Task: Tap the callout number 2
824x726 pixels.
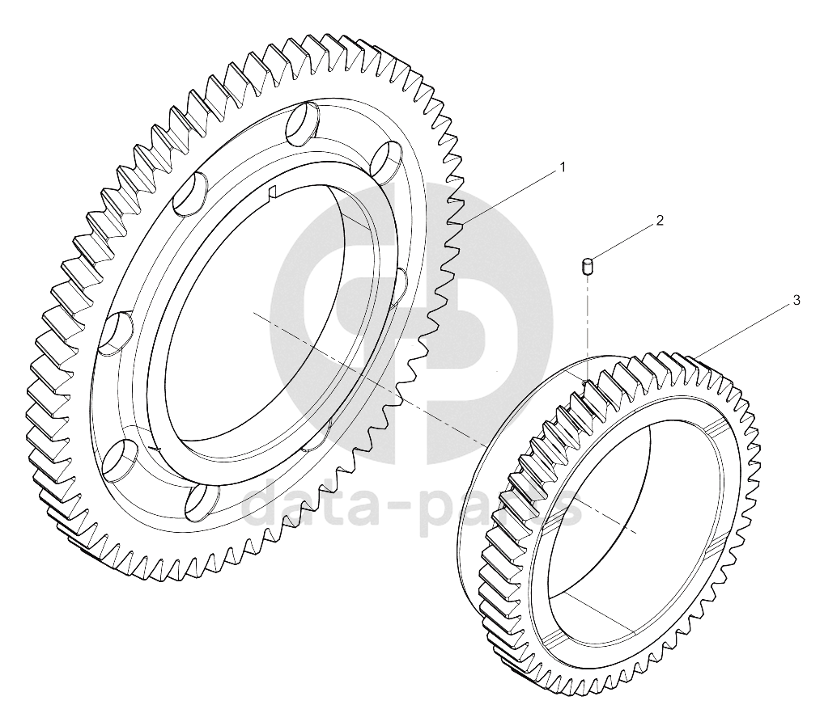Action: click(660, 220)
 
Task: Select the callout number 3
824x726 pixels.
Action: click(796, 300)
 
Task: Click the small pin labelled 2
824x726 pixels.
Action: click(587, 266)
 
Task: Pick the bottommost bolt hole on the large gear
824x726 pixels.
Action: click(201, 500)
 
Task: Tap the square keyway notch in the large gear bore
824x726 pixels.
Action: click(272, 193)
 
